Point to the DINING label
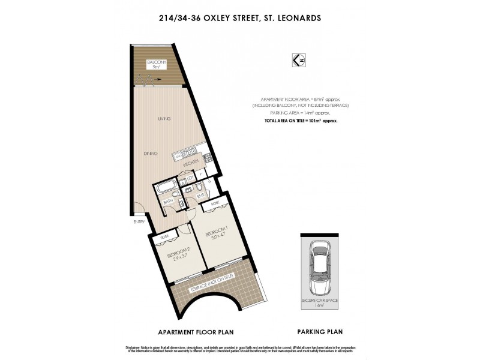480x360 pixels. (150, 154)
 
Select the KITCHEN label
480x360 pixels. (191, 163)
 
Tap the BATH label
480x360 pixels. (169, 202)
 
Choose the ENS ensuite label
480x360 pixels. (200, 195)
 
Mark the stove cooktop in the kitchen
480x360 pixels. (206, 157)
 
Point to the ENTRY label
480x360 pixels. (140, 222)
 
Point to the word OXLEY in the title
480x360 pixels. (218, 19)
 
